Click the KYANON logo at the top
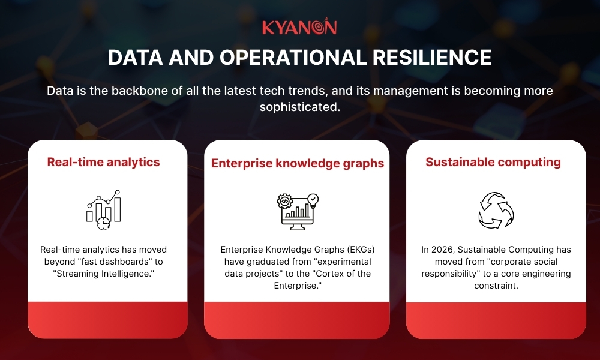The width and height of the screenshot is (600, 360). pyautogui.click(x=299, y=28)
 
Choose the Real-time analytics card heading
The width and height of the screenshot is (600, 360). pyautogui.click(x=103, y=162)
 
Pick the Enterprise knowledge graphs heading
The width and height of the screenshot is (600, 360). pyautogui.click(x=298, y=163)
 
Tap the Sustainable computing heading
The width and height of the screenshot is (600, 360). pyautogui.click(x=493, y=162)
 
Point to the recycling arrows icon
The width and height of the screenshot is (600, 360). pyautogui.click(x=496, y=210)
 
